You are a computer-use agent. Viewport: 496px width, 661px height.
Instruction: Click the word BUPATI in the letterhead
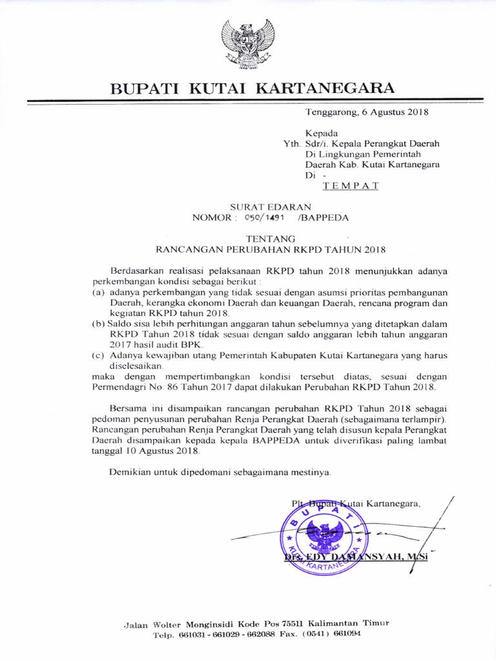(x=145, y=88)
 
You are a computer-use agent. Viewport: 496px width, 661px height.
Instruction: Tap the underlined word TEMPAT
(x=351, y=186)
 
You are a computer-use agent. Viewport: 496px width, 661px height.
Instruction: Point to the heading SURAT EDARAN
(x=261, y=207)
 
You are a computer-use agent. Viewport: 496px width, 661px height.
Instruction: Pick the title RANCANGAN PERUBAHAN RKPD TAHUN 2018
(x=267, y=249)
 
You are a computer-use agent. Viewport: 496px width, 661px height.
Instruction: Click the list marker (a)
(x=99, y=292)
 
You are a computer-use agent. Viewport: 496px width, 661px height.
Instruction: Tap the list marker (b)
(x=99, y=323)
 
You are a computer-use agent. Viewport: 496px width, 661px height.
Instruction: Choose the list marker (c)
(x=99, y=355)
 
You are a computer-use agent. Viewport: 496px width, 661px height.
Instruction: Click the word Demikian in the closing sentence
(x=129, y=472)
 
